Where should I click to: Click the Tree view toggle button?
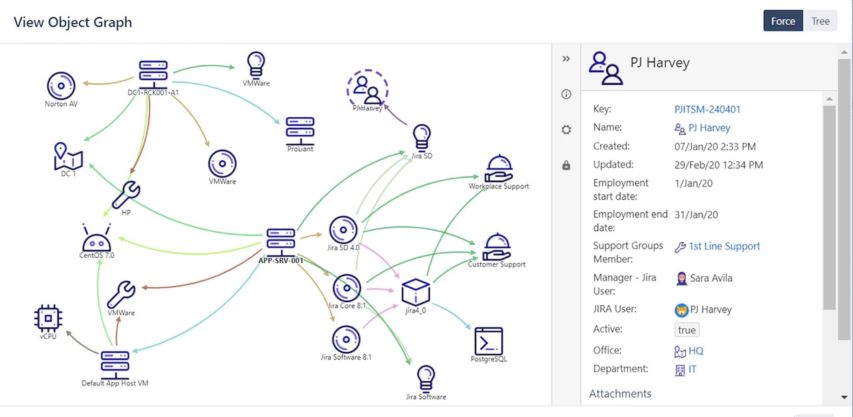820,21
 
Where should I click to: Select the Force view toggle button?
783,21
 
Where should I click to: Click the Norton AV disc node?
61,86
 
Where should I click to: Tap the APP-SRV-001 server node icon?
281,241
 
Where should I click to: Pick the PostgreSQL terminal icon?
489,341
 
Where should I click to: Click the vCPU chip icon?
48,318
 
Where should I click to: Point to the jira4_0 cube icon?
415,292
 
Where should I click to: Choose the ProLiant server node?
300,131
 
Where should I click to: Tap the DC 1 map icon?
68,156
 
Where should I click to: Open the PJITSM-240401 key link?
707,109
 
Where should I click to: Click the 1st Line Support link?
724,246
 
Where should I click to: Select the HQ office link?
696,351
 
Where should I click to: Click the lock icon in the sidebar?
566,165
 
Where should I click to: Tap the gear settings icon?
566,130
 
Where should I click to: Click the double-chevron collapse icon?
566,59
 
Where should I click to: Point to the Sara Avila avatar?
681,278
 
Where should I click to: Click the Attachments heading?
620,394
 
